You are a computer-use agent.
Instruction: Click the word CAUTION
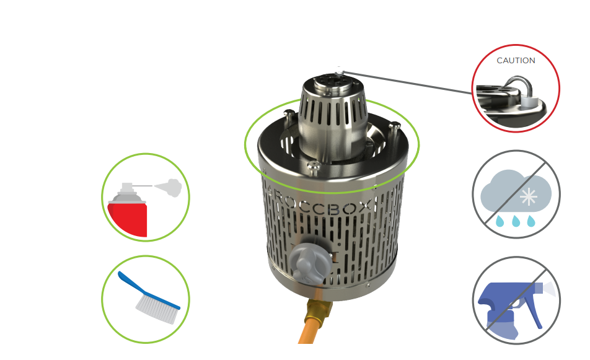[x=516, y=61]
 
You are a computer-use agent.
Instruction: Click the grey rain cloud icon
[x=516, y=192]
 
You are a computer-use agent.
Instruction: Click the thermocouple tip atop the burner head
[x=340, y=71]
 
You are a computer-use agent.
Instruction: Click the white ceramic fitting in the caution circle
[x=529, y=102]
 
